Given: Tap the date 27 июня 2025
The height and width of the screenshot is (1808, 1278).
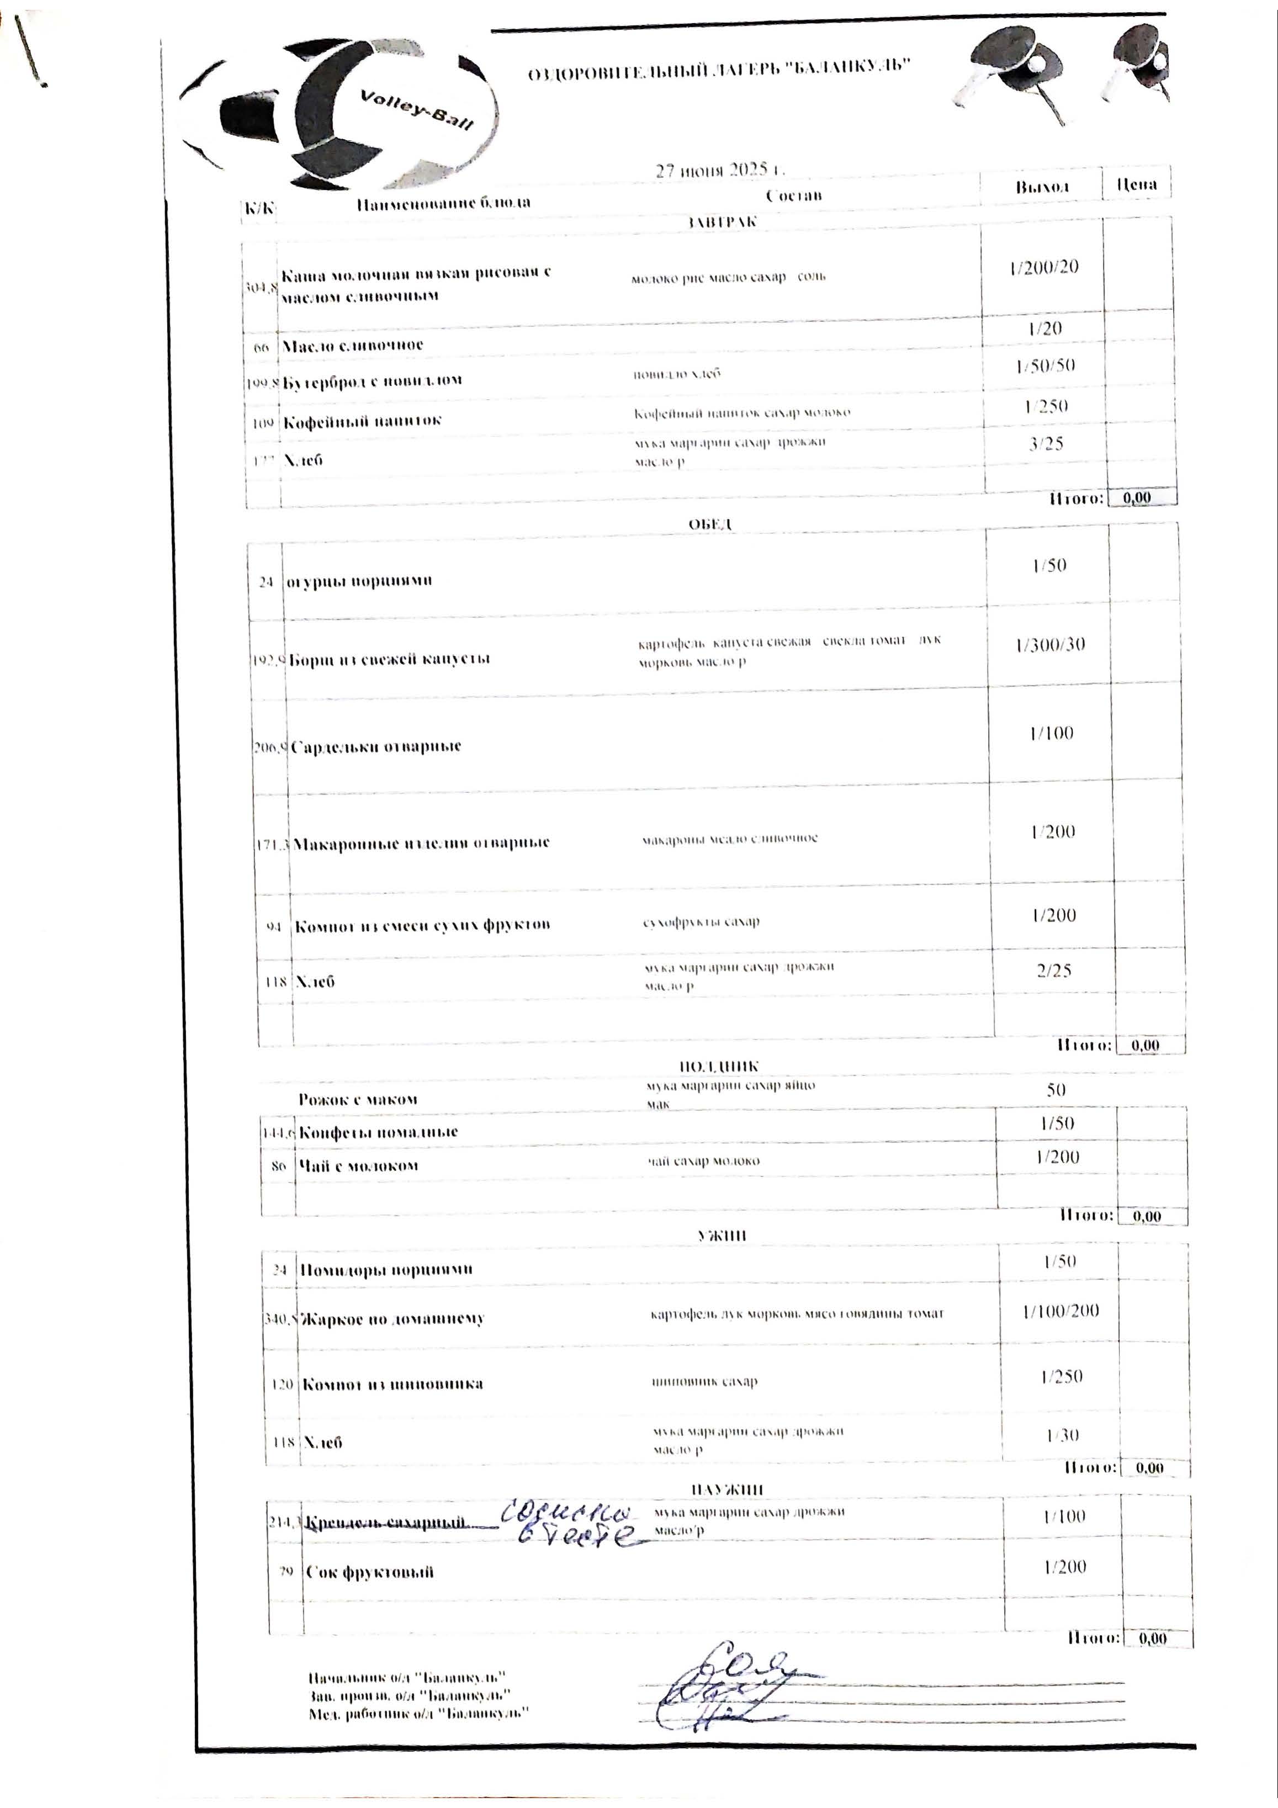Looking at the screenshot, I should (720, 170).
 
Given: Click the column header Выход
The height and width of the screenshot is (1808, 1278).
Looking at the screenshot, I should (1041, 187).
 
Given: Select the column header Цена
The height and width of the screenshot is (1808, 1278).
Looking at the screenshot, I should (1136, 184).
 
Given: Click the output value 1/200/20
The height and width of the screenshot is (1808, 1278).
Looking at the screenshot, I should (1043, 267).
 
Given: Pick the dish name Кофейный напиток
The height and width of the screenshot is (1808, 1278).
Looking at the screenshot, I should (362, 421).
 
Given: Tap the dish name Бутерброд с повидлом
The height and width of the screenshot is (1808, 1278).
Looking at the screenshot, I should (372, 380).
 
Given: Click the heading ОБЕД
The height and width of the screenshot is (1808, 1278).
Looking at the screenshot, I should (710, 524).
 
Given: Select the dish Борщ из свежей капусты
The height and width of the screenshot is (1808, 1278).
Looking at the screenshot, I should (389, 659).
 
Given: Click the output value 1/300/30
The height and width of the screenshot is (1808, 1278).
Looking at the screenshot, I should (1051, 644).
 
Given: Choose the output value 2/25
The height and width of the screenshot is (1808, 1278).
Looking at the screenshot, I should (1053, 971).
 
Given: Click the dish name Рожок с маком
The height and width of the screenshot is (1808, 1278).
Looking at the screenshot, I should (358, 1099).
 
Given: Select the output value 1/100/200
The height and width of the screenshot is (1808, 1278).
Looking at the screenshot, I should (1060, 1311).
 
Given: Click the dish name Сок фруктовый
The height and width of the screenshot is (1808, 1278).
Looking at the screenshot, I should (369, 1572).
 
